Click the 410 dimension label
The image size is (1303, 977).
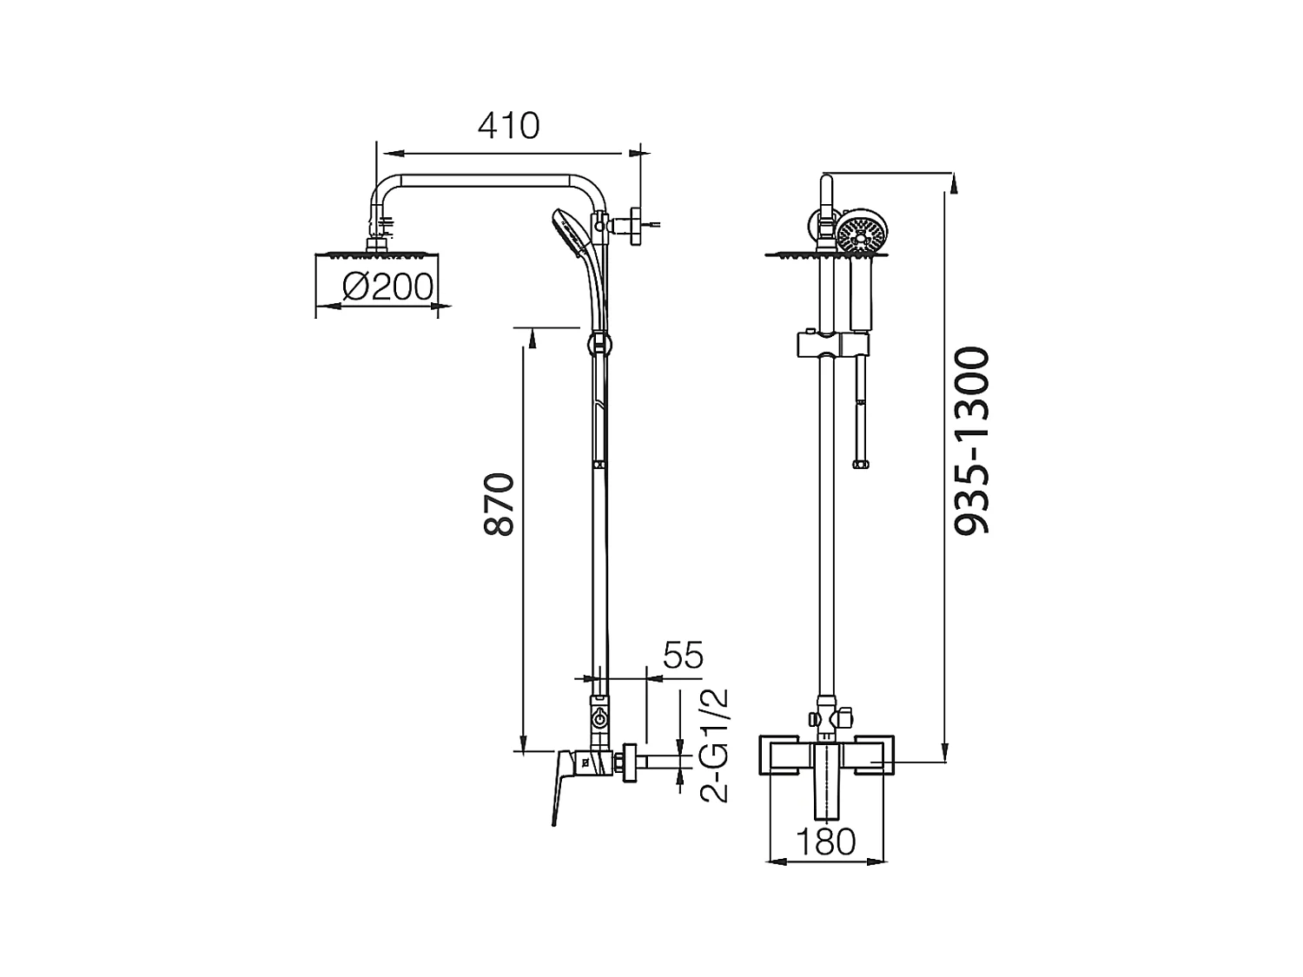509,126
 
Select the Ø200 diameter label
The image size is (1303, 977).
387,287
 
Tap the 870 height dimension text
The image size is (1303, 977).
499,505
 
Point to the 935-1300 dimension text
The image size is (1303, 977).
972,441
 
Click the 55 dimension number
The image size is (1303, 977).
683,655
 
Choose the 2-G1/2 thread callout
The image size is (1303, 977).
713,746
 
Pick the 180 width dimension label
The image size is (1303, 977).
826,841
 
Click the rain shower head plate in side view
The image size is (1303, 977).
376,255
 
